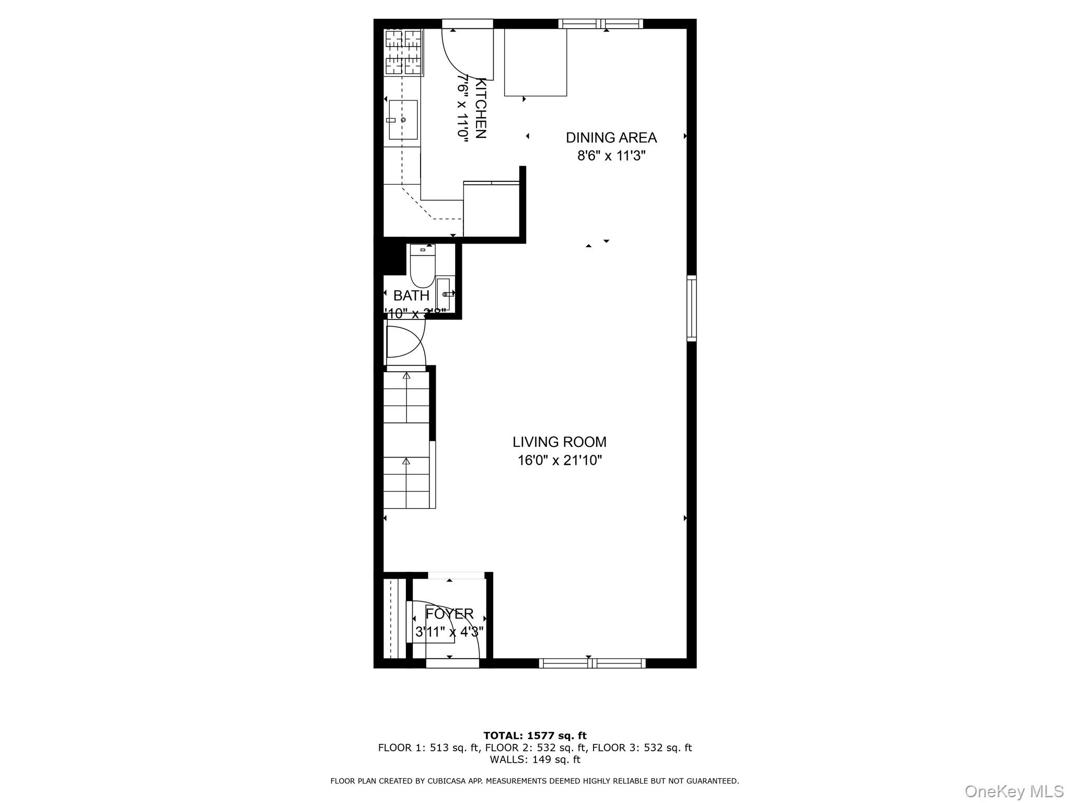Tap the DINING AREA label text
pos(611,138)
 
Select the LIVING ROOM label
pos(559,442)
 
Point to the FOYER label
pos(449,614)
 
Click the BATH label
pos(411,296)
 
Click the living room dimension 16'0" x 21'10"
pos(560,461)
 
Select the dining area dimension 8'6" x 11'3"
pos(611,156)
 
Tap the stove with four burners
pos(403,52)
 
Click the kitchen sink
pos(403,120)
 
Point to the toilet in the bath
pos(422,266)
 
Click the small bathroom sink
pos(444,294)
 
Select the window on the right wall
pos(691,308)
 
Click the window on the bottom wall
pos(592,663)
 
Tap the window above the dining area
pos(600,24)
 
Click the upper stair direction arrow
pos(406,376)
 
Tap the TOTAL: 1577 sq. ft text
pos(534,736)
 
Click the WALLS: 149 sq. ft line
pos(534,760)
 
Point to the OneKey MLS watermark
pos(1014,791)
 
